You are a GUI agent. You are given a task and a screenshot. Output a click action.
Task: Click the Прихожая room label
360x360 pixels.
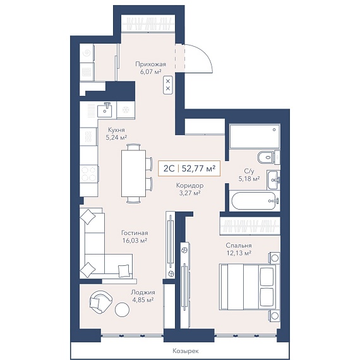click(150, 64)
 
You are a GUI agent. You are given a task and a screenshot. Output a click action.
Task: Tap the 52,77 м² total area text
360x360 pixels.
click(198, 169)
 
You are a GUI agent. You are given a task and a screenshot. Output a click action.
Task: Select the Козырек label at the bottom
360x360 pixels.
click(186, 351)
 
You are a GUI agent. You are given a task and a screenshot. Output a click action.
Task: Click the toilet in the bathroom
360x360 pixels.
click(267, 157)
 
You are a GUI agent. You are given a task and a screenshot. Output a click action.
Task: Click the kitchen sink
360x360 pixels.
click(104, 110)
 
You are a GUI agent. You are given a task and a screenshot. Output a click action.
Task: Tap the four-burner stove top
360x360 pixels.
click(89, 174)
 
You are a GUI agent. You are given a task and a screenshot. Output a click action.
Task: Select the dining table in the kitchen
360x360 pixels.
click(133, 173)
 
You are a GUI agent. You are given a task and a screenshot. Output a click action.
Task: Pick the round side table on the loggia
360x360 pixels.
click(122, 309)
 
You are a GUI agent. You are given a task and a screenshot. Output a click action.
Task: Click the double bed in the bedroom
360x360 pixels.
click(248, 287)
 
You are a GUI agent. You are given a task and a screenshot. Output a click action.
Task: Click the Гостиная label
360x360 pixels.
click(135, 233)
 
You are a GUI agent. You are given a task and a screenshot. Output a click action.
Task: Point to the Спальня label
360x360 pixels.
click(239, 246)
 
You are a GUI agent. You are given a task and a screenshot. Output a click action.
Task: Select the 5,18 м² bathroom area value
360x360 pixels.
click(249, 178)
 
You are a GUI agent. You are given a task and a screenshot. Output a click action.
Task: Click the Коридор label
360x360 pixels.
click(190, 185)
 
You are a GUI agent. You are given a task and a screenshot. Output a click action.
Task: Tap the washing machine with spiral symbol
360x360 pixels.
click(87, 53)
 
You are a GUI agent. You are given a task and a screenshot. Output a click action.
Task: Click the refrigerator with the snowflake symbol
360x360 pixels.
click(126, 110)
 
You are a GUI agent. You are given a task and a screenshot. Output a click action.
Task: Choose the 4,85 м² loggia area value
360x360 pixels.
click(143, 300)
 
